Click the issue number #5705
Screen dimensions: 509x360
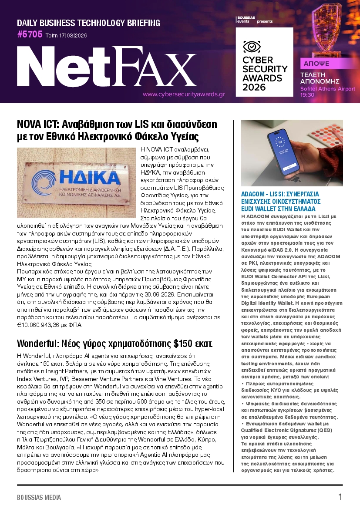tap(30, 35)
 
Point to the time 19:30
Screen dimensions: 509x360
tap(307, 94)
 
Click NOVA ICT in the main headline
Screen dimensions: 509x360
tap(40, 124)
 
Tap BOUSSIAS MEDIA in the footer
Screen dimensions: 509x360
tap(39, 497)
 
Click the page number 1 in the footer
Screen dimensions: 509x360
tap(340, 497)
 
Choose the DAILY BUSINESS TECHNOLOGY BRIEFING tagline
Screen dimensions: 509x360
tap(88, 23)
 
